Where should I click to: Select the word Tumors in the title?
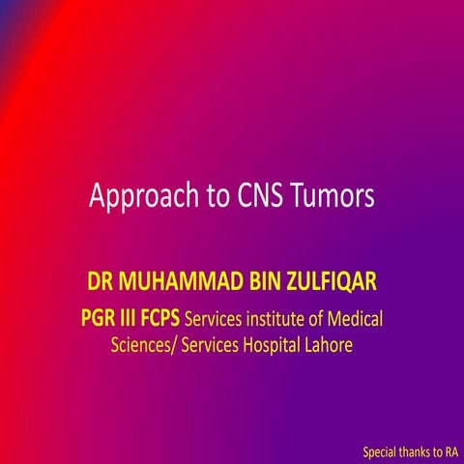pos(333,196)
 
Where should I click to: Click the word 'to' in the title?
pos(215,197)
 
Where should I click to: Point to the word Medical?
pos(364,316)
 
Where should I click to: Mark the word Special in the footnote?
pos(380,451)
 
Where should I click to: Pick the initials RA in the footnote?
pos(451,451)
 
